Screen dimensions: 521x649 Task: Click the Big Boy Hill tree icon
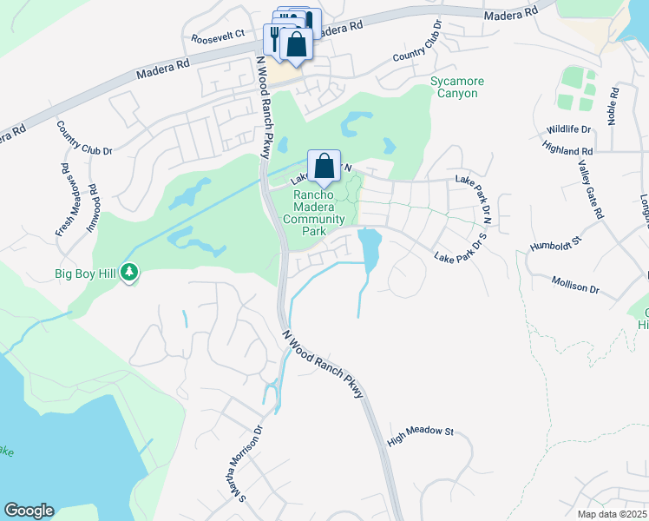pyautogui.click(x=130, y=273)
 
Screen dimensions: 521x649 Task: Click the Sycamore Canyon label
pyautogui.click(x=457, y=87)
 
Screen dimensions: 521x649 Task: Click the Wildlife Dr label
pyautogui.click(x=568, y=129)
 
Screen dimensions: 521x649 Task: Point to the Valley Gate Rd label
pyautogui.click(x=583, y=189)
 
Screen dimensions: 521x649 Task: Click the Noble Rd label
pyautogui.click(x=613, y=105)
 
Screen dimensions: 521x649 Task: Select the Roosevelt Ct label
pyautogui.click(x=219, y=38)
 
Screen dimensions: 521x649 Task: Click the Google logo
pyautogui.click(x=29, y=511)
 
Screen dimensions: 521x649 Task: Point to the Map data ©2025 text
pyautogui.click(x=612, y=514)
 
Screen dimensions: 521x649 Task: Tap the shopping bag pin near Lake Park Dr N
pyautogui.click(x=324, y=166)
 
